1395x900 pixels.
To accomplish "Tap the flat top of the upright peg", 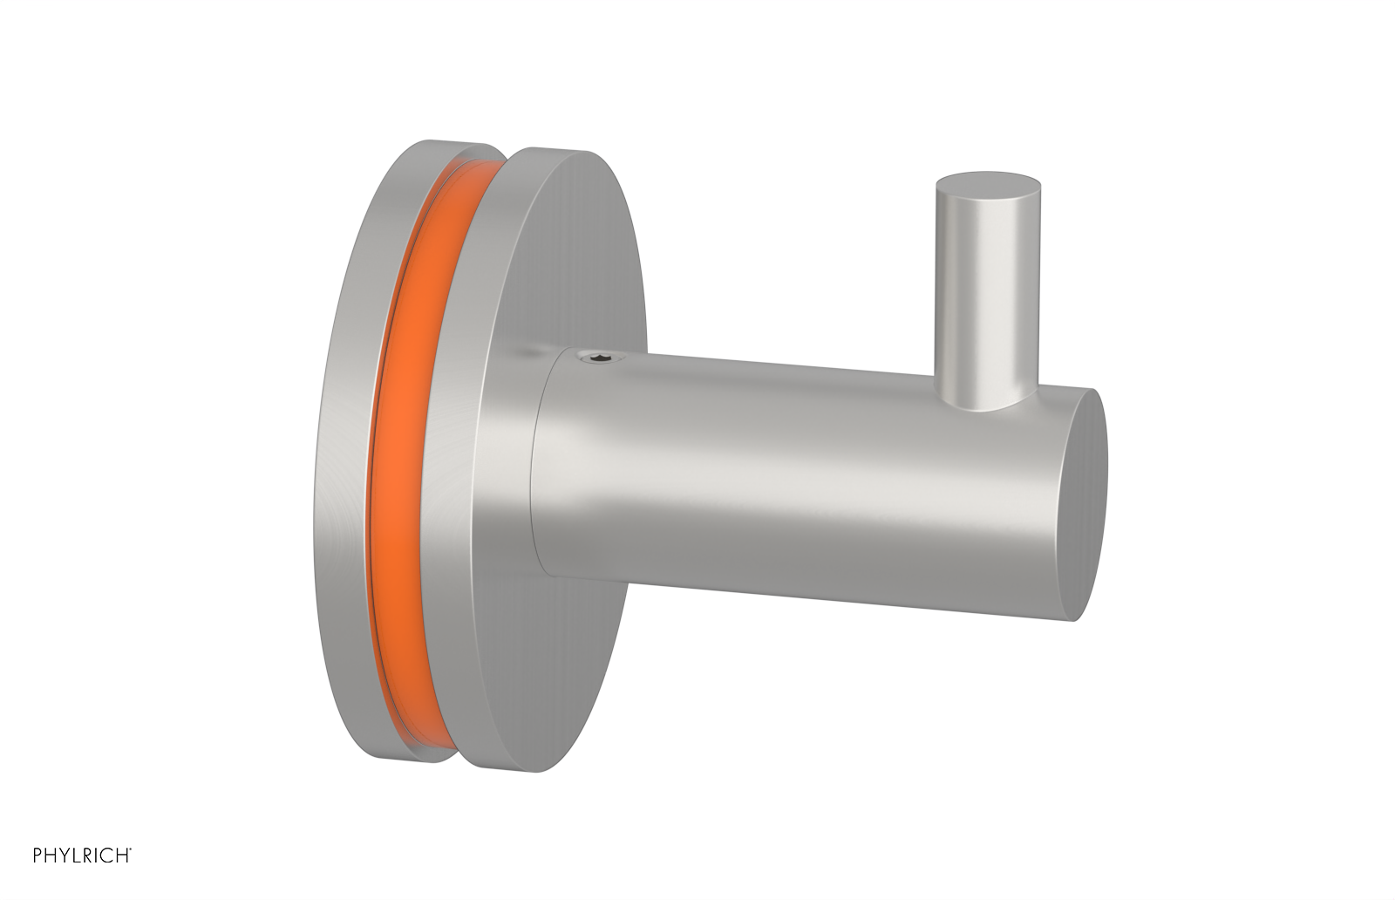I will pyautogui.click(x=988, y=188).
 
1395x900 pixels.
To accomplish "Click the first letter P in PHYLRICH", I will pyautogui.click(x=37, y=855).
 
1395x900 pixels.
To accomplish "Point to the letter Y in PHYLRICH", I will pyautogui.click(x=65, y=855).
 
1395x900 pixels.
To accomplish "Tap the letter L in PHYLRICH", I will pyautogui.click(x=77, y=855).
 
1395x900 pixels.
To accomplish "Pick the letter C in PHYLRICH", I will pyautogui.click(x=106, y=855).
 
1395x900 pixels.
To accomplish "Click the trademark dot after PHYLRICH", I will pyautogui.click(x=131, y=849).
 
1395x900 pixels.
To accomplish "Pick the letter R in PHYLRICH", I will pyautogui.click(x=88, y=855).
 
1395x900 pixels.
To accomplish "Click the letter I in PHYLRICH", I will pyautogui.click(x=96, y=855).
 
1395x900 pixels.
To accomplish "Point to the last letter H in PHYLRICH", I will pyautogui.click(x=122, y=855).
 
